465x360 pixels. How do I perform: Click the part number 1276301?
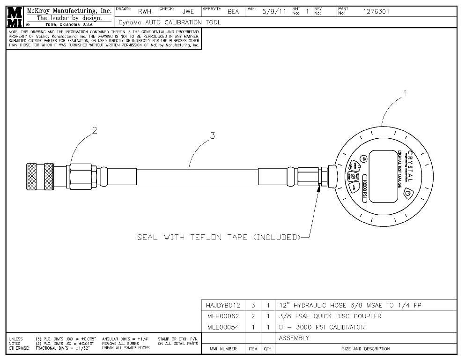[x=376, y=12]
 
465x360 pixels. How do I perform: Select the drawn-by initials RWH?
[x=144, y=12]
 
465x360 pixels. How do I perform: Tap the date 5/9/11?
[x=274, y=12]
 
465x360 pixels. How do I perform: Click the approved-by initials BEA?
[x=233, y=12]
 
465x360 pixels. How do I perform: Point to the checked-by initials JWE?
[x=188, y=12]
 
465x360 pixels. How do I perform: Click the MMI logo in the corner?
[x=14, y=16]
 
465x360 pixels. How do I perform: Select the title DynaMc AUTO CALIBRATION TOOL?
[x=170, y=22]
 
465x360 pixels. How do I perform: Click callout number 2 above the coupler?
[x=94, y=131]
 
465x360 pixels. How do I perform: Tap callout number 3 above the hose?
[x=213, y=135]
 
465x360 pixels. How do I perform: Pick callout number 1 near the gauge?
[x=405, y=93]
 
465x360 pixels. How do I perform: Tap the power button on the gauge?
[x=408, y=192]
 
